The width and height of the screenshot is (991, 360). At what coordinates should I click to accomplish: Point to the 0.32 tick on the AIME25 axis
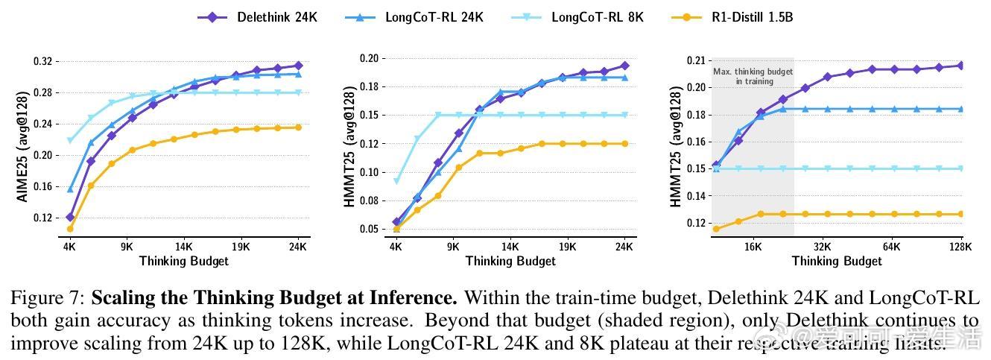[44, 61]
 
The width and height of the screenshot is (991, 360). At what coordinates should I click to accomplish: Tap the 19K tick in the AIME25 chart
[241, 245]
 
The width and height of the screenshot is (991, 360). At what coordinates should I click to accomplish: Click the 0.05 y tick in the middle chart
[370, 229]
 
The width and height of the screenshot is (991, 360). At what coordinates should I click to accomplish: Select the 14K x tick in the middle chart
[510, 245]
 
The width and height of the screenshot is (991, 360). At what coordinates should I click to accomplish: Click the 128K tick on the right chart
[960, 245]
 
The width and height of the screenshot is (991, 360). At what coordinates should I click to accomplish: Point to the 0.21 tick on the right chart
[696, 61]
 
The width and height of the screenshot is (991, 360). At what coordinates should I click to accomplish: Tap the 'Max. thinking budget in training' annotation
[753, 77]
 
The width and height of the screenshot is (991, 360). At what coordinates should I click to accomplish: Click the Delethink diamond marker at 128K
[961, 66]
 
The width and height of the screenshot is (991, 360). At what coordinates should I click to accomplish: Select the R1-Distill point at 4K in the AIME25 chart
[70, 229]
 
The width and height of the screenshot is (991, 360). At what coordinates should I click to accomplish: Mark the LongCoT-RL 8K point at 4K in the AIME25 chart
[70, 140]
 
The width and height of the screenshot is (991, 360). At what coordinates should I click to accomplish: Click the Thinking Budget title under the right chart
[837, 261]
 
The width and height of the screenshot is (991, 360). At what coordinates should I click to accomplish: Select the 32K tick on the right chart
[823, 245]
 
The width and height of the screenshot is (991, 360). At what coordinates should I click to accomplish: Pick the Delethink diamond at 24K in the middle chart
[625, 66]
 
